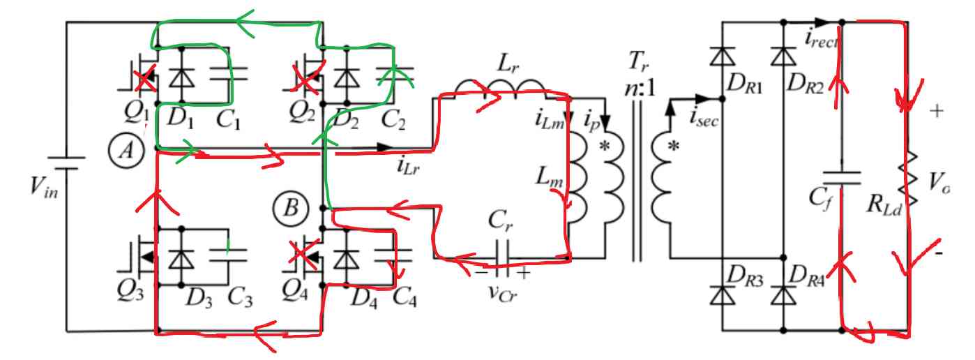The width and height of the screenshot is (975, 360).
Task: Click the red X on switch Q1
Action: coord(145,80)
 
